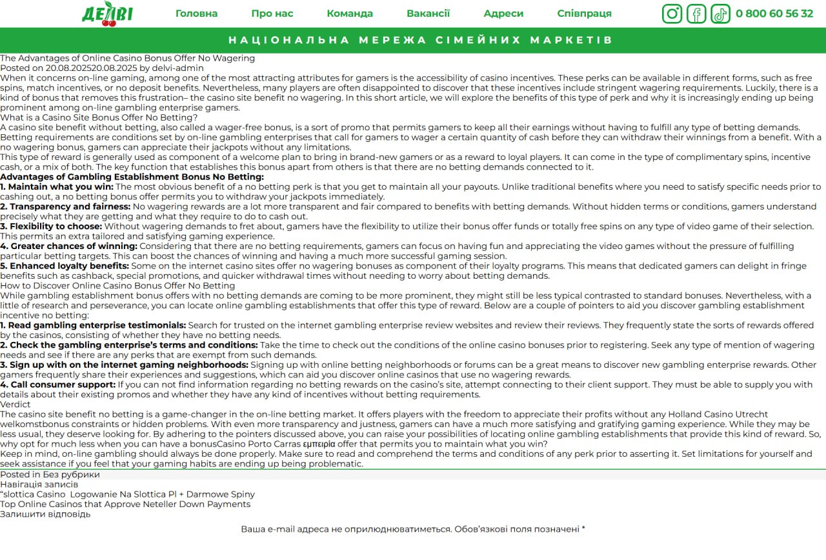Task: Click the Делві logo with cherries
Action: coord(107,14)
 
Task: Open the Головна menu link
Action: coord(196,14)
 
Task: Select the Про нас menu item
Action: coord(272,14)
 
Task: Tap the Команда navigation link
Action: coord(349,14)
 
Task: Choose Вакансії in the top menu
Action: coord(428,14)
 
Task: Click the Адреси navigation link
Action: coord(503,14)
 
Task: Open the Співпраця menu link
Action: coord(584,14)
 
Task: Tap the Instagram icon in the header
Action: coord(672,14)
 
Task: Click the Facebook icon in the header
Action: coord(696,14)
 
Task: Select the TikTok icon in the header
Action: coord(720,14)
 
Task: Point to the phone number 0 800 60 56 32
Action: coord(774,14)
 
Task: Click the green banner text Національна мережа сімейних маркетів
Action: coord(420,40)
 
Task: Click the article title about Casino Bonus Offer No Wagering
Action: coord(127,58)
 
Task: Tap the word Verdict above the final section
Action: coord(15,405)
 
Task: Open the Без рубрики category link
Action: coord(71,475)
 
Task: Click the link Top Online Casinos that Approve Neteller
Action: coord(125,505)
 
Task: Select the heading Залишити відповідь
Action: coord(45,514)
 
